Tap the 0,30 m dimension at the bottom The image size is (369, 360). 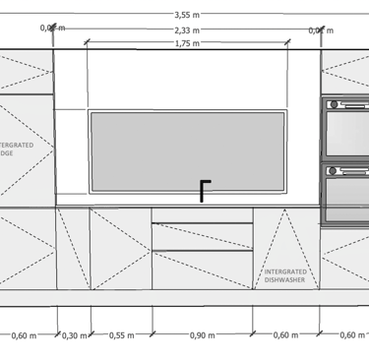click(x=74, y=335)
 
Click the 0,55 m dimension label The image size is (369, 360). click(x=121, y=335)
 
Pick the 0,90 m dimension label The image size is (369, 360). click(x=203, y=335)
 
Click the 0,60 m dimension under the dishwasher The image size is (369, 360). click(x=285, y=335)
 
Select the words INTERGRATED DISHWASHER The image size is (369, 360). click(x=284, y=275)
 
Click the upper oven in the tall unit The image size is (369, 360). click(x=344, y=129)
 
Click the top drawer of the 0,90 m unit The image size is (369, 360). click(x=203, y=214)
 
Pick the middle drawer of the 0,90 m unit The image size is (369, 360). click(x=203, y=236)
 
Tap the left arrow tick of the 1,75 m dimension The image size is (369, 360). click(x=89, y=42)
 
